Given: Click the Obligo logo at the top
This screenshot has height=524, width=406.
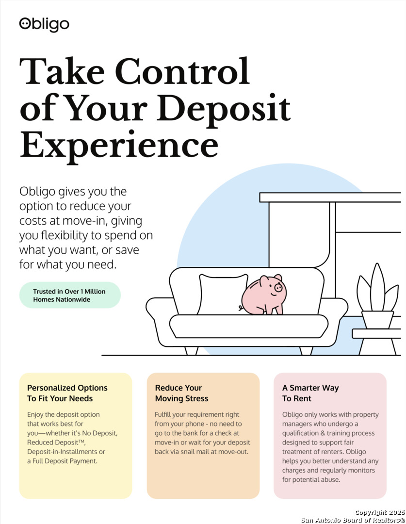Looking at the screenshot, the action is [44, 24].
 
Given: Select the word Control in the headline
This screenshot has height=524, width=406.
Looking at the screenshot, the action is [182, 71].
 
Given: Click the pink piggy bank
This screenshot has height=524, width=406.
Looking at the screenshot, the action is [264, 295].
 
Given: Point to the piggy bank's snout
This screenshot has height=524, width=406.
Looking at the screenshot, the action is [278, 287].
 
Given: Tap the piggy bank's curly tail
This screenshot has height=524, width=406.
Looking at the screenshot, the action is [241, 308].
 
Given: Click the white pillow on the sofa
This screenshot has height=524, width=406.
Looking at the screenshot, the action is [223, 294].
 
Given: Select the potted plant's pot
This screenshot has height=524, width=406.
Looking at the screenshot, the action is [377, 320].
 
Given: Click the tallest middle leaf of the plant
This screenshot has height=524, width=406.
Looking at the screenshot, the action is [377, 287].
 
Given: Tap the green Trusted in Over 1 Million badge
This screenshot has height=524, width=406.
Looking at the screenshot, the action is [70, 295].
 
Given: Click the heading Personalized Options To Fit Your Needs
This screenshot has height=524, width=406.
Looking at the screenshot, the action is [67, 393].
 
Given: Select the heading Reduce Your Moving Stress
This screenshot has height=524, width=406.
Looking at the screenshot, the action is [181, 393].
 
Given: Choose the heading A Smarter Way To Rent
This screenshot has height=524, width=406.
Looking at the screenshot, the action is [310, 393].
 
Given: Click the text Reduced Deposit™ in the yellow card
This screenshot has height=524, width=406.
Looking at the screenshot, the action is [56, 442].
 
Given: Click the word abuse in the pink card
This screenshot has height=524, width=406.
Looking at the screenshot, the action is [330, 479].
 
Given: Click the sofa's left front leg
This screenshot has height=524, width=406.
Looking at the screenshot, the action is [191, 351].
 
